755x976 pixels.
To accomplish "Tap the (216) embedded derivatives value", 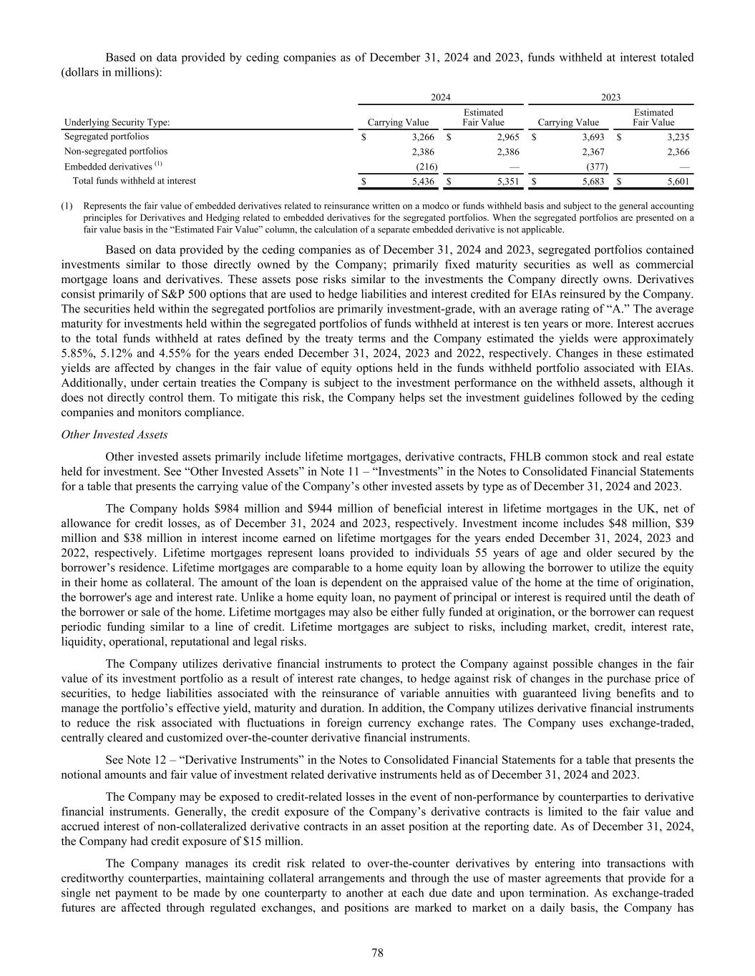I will tap(427, 167).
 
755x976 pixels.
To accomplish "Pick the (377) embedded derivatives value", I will tap(596, 167).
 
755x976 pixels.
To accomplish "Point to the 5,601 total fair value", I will tap(678, 182).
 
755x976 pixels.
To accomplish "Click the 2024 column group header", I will tap(440, 97).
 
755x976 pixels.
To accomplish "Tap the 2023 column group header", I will tap(610, 97).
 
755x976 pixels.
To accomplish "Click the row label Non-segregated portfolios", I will tap(116, 152).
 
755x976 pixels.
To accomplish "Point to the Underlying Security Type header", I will tap(117, 122).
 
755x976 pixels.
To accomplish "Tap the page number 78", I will tap(378, 952).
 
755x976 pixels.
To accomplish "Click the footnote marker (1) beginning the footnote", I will tap(67, 206).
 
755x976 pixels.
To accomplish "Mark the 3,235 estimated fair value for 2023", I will tap(678, 137).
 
